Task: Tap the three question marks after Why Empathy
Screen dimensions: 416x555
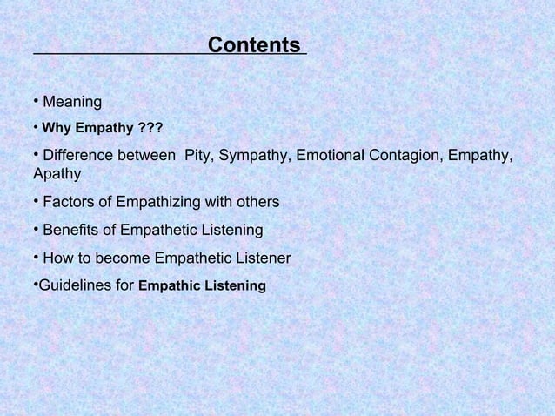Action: click(x=150, y=130)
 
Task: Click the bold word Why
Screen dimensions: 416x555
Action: click(x=57, y=130)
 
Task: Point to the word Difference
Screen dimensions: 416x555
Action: click(x=77, y=156)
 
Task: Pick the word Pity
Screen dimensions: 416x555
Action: click(x=198, y=156)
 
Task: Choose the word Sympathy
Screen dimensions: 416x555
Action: click(x=253, y=156)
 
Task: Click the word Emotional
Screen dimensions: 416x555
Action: click(x=331, y=156)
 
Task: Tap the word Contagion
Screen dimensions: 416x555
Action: click(x=407, y=156)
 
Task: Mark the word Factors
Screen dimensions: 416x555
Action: click(x=69, y=203)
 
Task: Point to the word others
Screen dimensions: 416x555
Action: click(x=257, y=203)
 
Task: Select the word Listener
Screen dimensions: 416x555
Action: click(x=261, y=258)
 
